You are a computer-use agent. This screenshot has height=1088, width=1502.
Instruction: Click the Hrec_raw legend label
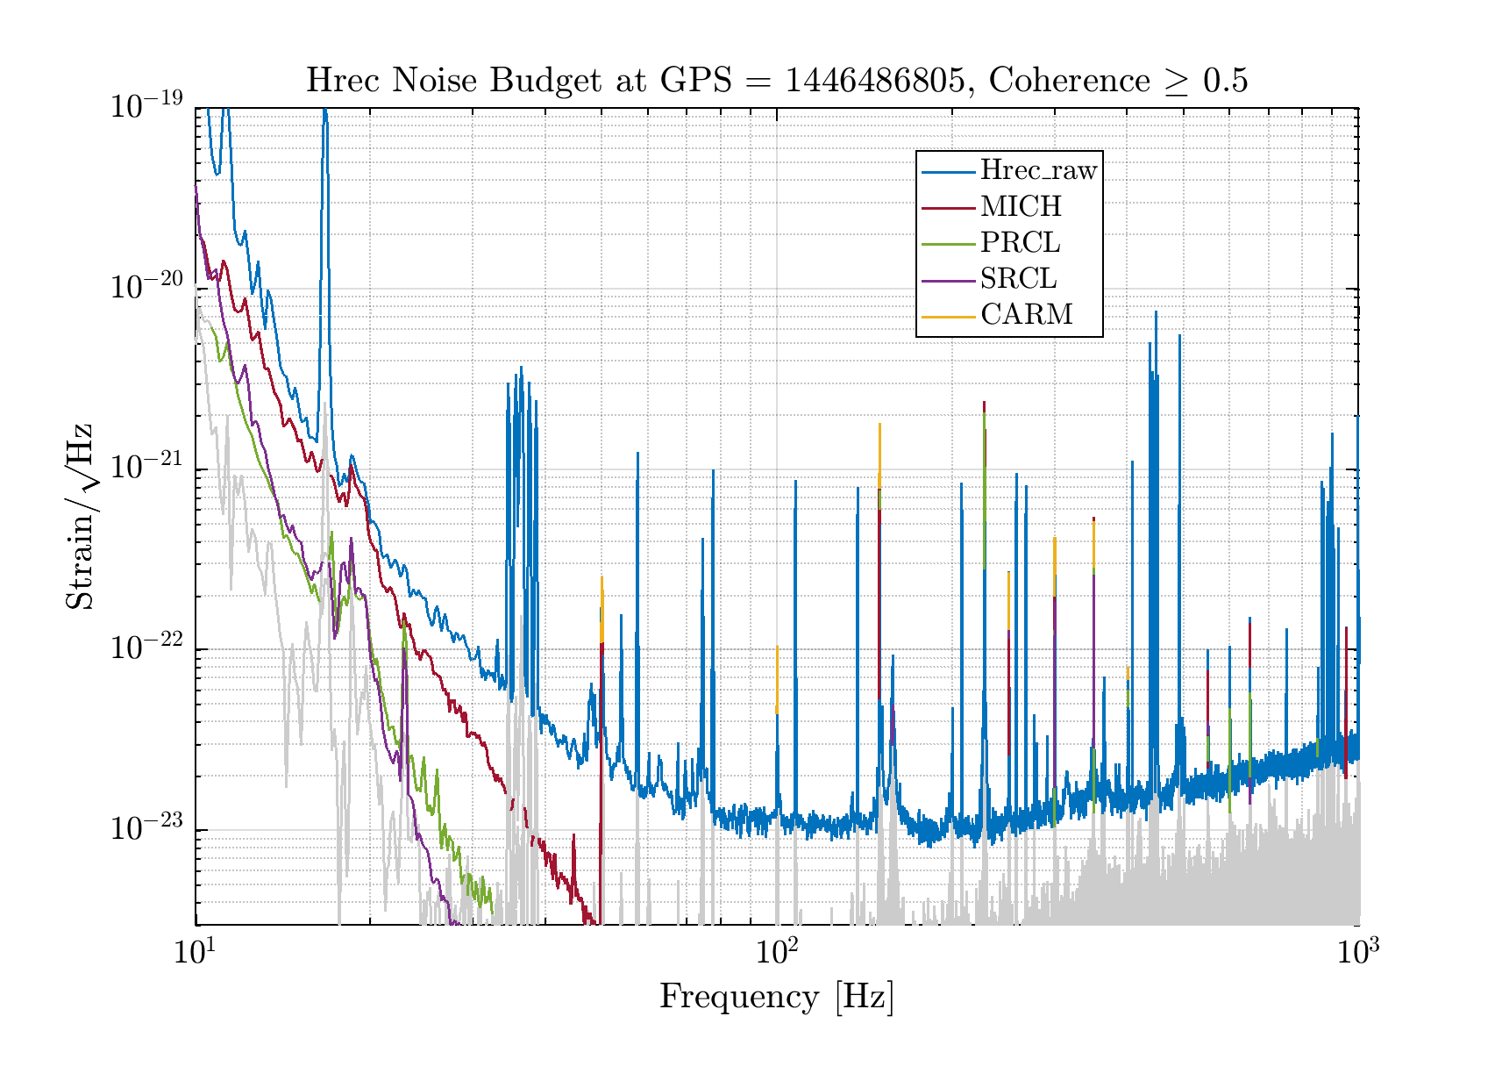click(x=1038, y=171)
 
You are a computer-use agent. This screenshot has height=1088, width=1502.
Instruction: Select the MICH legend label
click(x=1021, y=207)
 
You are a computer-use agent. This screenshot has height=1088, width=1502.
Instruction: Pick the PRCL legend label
click(x=1020, y=243)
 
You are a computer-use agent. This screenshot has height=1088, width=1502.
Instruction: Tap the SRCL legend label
click(x=1018, y=279)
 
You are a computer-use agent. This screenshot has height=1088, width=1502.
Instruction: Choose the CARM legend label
click(x=1026, y=314)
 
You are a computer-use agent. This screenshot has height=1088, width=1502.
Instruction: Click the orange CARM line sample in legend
click(x=949, y=315)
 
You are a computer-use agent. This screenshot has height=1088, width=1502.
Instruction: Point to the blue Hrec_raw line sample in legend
click(x=949, y=172)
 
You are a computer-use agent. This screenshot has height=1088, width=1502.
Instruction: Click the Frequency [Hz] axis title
click(x=776, y=998)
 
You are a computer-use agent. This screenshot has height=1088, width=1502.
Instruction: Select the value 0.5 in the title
click(x=1225, y=81)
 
